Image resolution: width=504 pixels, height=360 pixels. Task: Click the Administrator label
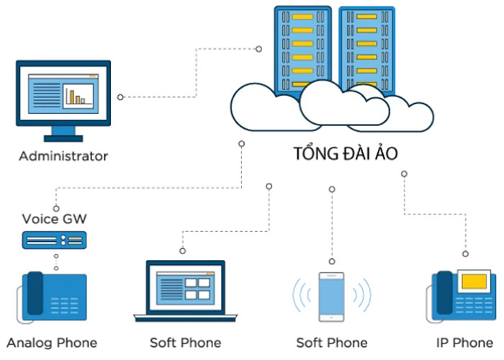point(63,156)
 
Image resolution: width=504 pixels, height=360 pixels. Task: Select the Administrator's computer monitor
point(63,94)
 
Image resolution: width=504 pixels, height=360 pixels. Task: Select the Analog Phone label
point(52,342)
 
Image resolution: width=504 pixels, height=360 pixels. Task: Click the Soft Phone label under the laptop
point(185,342)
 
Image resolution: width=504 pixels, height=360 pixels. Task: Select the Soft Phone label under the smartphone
point(332,342)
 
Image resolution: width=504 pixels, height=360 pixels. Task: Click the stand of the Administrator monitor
point(63,134)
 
